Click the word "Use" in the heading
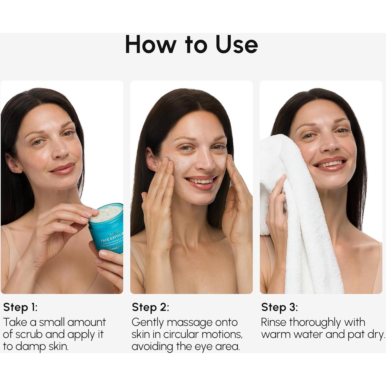coord(237,45)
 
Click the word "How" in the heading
coord(151,45)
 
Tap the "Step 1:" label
coord(20,307)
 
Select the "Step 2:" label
coord(150,307)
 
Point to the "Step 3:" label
coord(279,307)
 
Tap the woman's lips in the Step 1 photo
coord(63,168)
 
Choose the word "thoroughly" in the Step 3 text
coord(315,323)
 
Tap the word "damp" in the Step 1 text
coord(30,347)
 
